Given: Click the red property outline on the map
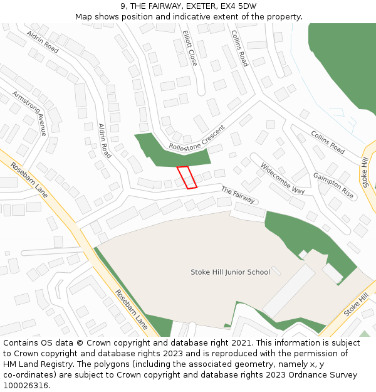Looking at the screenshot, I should pos(187,177).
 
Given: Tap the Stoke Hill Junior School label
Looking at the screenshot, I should pos(230,272).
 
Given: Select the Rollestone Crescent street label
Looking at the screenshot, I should pos(196,137).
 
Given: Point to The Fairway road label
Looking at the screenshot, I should pos(238,195).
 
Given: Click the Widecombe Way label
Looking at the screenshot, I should pos(282,178).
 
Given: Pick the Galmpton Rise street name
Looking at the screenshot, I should pos(333,186).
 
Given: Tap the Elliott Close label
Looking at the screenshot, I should pos(189,48).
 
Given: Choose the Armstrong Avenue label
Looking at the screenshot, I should pos(29,113).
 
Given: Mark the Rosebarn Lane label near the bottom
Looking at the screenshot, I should pos(131,310).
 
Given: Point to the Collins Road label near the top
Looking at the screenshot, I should pos(239,48).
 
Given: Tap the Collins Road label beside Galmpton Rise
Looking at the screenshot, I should pos(328,142).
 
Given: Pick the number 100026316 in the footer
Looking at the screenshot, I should pos(26,386).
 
